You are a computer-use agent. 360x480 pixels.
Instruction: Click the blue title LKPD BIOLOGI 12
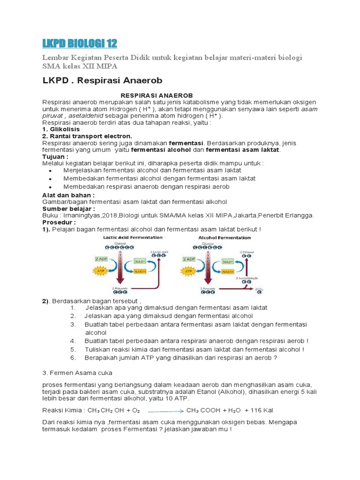pyautogui.click(x=80, y=44)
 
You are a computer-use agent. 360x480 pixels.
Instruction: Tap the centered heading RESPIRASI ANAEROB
pyautogui.click(x=157, y=95)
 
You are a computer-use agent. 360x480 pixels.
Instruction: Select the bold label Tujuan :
pyautogui.click(x=55, y=156)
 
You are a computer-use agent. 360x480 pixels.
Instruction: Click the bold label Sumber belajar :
pyautogui.click(x=68, y=209)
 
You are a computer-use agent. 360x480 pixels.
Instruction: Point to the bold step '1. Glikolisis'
pyautogui.click(x=61, y=129)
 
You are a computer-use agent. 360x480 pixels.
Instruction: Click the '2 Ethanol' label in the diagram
pyautogui.click(x=247, y=252)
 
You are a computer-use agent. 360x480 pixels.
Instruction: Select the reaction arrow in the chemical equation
pyautogui.click(x=165, y=411)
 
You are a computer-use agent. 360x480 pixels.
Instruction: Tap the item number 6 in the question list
pyautogui.click(x=73, y=358)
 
